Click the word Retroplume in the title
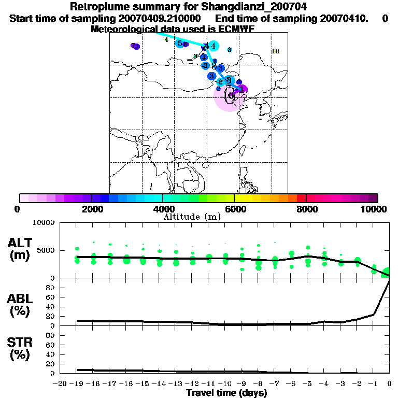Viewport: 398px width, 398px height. click(96, 7)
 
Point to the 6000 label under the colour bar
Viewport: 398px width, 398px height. click(235, 209)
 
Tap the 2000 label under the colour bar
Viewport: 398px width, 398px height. click(91, 209)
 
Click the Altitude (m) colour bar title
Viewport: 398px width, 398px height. click(192, 217)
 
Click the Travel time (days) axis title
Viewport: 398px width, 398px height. click(226, 393)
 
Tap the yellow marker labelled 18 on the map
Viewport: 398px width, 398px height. click(275, 51)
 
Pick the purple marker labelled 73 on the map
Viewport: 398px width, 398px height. click(135, 46)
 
